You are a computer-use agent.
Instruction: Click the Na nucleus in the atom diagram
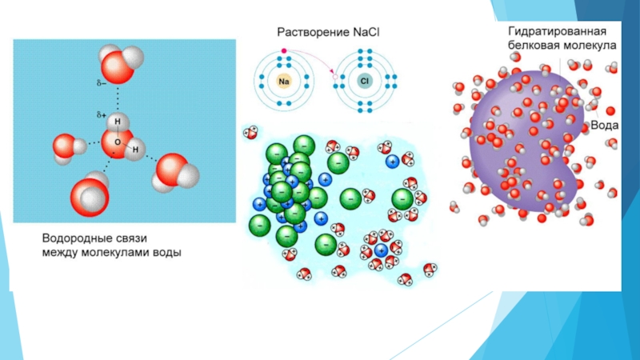(x=284, y=81)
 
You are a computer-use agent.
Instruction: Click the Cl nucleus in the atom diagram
(x=364, y=81)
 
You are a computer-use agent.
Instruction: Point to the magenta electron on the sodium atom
(x=284, y=52)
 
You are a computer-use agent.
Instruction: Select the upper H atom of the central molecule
(x=117, y=122)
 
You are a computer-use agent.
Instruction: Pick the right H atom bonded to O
(x=136, y=150)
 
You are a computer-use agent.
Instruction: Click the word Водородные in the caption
(x=80, y=238)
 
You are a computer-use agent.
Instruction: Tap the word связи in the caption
(x=146, y=238)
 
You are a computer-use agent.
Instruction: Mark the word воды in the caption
(x=170, y=253)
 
